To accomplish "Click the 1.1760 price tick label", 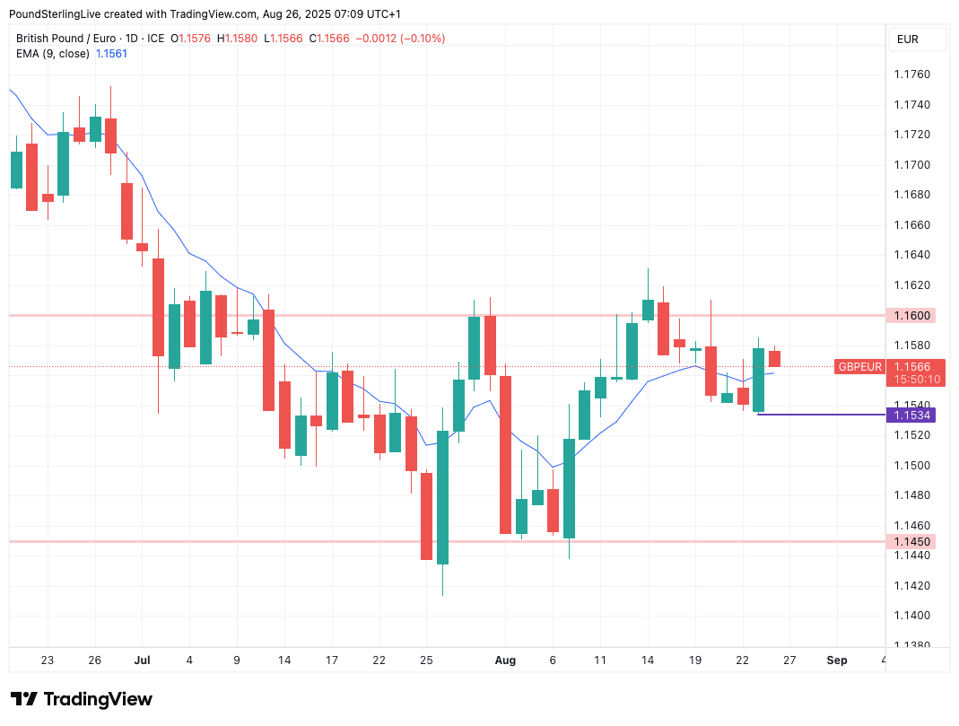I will click(x=911, y=74).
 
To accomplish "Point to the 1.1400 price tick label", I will click(x=911, y=616).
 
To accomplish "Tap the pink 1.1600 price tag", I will click(x=911, y=316).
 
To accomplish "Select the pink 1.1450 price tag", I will click(x=911, y=541).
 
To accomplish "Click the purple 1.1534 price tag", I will click(x=911, y=415).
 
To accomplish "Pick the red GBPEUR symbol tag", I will click(x=859, y=366).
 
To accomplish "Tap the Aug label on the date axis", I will click(x=506, y=660).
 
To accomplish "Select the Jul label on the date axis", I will click(x=142, y=660).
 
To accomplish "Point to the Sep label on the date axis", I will click(x=836, y=660).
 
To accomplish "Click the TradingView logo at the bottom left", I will click(x=82, y=699).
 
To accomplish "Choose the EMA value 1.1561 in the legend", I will click(x=112, y=54).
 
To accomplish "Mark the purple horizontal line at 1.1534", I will click(x=821, y=415).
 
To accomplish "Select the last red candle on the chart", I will click(x=774, y=359).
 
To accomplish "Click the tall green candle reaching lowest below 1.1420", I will click(x=442, y=497).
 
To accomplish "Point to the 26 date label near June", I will click(x=94, y=660).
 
